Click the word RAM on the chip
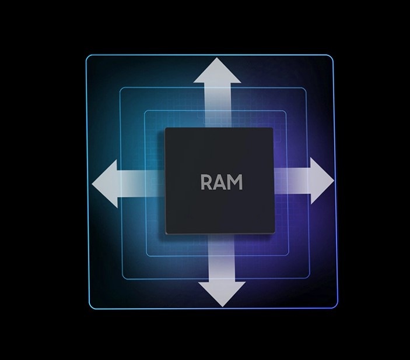221,182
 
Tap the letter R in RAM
207,182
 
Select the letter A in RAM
220,182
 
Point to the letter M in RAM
234,182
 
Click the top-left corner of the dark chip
166,129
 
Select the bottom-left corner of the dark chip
166,234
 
